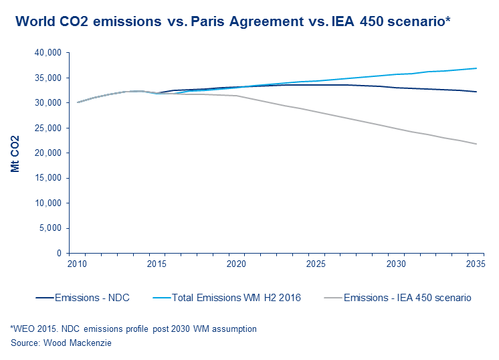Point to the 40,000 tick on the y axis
(48, 53)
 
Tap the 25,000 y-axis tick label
(48, 128)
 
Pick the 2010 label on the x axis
(78, 265)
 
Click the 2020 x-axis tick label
(237, 265)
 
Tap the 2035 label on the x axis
(476, 265)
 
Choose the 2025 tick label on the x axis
(316, 265)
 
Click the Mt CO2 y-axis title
(15, 153)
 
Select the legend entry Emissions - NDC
(86, 298)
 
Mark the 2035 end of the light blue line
(476, 68)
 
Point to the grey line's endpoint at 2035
(476, 144)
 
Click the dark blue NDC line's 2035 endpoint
(476, 92)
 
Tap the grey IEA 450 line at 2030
(396, 128)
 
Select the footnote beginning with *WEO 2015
(133, 329)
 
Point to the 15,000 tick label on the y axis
(48, 178)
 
